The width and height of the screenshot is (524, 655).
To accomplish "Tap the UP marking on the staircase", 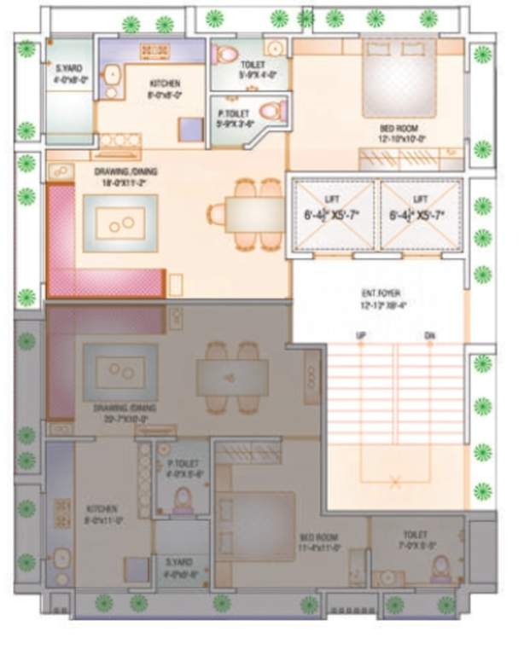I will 360,336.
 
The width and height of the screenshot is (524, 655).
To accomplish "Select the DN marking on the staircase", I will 429,336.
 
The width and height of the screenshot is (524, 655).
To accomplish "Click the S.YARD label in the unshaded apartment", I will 68,74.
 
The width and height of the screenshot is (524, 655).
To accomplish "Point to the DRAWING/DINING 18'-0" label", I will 125,176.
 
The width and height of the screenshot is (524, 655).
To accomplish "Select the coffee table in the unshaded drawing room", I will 119,223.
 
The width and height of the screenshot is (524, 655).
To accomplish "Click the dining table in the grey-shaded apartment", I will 231,375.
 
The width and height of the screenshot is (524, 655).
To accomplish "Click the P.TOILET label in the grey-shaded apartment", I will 182,468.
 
